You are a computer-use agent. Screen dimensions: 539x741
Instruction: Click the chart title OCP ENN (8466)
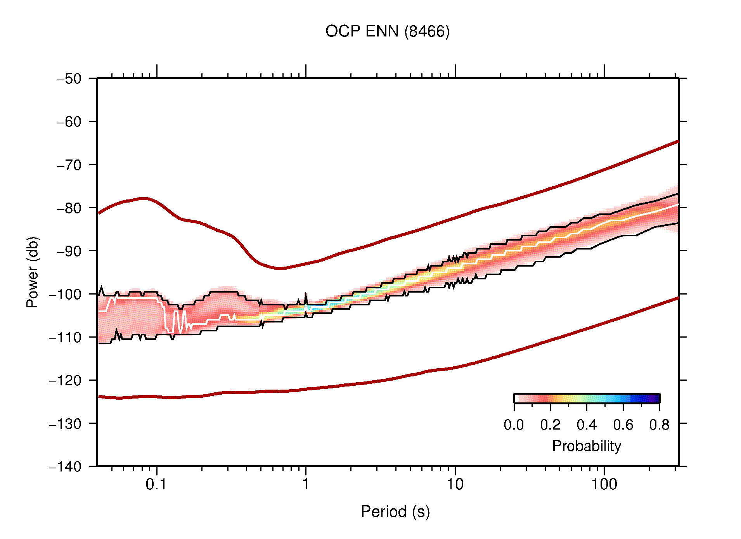point(387,31)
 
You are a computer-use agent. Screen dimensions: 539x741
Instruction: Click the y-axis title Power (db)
point(33,272)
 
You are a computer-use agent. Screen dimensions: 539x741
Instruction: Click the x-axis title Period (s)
point(395,512)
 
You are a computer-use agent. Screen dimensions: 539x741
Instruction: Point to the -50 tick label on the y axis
point(69,79)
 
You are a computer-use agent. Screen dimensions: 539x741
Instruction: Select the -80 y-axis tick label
point(69,208)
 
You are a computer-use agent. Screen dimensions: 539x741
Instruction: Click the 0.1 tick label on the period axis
point(156,484)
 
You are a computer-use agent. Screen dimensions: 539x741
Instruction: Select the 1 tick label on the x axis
point(306,484)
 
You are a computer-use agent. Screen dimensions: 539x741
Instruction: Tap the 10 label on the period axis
point(455,484)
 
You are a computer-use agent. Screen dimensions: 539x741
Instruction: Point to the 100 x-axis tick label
point(604,484)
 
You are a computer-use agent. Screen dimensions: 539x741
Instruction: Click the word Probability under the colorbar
point(586,446)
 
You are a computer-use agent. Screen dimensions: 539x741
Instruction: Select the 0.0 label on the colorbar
point(514,425)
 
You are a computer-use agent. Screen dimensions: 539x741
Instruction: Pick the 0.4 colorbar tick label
point(587,425)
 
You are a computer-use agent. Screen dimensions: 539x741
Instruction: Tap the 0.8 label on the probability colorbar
point(659,425)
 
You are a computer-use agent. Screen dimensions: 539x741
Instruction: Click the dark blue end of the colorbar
point(656,399)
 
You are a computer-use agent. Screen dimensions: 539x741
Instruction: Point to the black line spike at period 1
point(306,296)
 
